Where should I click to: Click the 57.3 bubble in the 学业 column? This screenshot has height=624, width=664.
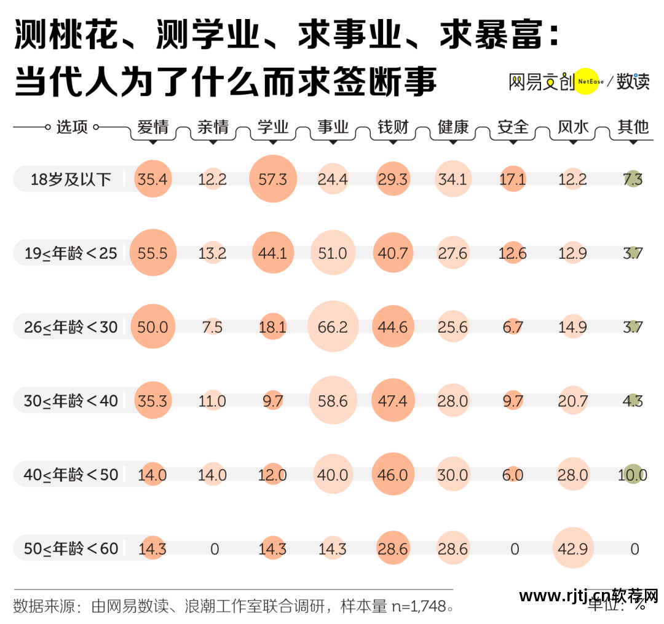coord(273,179)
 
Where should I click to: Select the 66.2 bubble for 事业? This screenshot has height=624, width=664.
coord(333,326)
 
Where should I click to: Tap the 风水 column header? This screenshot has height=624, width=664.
coord(573,127)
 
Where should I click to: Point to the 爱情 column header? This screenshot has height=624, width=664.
coord(152,127)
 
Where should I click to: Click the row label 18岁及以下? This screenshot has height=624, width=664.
coord(71,179)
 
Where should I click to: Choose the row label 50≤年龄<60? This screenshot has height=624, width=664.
coord(71,548)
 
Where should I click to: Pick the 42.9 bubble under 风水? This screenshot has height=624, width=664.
coord(573,548)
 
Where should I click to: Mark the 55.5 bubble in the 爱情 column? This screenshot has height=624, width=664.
coord(152,253)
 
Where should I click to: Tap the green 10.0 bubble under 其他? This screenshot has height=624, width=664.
coord(633,474)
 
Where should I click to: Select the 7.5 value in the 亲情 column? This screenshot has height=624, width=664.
coord(213,327)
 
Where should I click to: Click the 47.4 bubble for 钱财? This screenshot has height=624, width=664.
coord(393,401)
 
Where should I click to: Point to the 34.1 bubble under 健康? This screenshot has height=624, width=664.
coord(453,179)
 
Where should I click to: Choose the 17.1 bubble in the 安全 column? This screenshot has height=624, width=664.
coord(513,179)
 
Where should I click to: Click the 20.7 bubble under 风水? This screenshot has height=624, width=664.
coord(573,401)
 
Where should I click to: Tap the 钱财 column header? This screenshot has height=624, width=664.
coord(393,127)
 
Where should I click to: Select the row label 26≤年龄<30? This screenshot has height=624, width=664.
coord(71,327)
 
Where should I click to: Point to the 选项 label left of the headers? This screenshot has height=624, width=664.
coord(72,127)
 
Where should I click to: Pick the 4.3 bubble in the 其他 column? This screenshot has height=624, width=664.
coord(633,401)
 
